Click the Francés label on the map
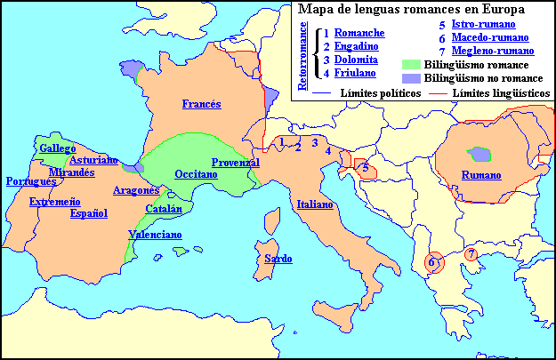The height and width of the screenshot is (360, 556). pyautogui.click(x=202, y=104)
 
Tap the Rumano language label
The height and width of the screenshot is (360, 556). pyautogui.click(x=481, y=174)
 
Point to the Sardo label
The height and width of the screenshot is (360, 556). pyautogui.click(x=272, y=259)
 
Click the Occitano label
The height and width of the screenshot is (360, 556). pyautogui.click(x=197, y=174)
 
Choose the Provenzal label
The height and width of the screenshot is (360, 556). pyautogui.click(x=236, y=163)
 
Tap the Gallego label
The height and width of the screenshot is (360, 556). pyautogui.click(x=57, y=148)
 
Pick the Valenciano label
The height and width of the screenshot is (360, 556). pyautogui.click(x=156, y=236)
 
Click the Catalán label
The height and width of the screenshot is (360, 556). pyautogui.click(x=164, y=210)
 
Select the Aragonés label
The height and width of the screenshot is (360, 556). pyautogui.click(x=136, y=190)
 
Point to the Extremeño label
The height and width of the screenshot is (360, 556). pyautogui.click(x=55, y=203)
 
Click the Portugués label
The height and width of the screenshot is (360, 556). pyautogui.click(x=31, y=181)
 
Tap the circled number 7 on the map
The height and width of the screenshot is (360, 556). pyautogui.click(x=471, y=254)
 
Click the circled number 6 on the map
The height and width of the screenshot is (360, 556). pyautogui.click(x=431, y=262)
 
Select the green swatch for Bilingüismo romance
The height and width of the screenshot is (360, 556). pyautogui.click(x=410, y=66)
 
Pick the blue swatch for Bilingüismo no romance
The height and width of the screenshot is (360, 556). pyautogui.click(x=410, y=79)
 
